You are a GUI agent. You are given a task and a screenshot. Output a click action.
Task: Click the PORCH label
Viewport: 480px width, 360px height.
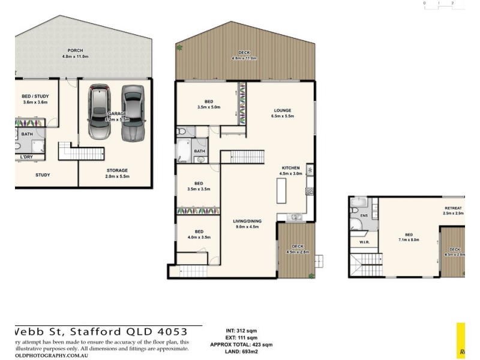pyautogui.click(x=75, y=50)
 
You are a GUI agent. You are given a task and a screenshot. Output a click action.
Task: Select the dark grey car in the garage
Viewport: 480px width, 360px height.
pyautogui.click(x=133, y=112)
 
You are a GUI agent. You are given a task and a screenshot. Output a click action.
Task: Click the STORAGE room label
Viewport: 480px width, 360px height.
pyautogui.click(x=116, y=170)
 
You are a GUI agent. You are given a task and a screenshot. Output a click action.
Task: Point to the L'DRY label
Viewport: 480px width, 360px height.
pyautogui.click(x=26, y=157)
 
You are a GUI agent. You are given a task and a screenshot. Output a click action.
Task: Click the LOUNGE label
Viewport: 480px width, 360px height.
pyautogui.click(x=283, y=110)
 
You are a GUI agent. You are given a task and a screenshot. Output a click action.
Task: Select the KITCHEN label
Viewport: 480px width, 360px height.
pyautogui.click(x=290, y=167)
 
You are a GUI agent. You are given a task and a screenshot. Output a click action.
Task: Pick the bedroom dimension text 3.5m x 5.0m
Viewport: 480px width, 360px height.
pyautogui.click(x=209, y=107)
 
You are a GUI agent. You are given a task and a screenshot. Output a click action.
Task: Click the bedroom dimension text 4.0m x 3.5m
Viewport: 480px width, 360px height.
pyautogui.click(x=199, y=238)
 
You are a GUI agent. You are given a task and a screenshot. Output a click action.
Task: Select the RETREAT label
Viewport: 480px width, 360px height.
pyautogui.click(x=454, y=208)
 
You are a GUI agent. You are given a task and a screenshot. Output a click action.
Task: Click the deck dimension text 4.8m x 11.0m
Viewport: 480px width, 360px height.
pyautogui.click(x=245, y=59)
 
